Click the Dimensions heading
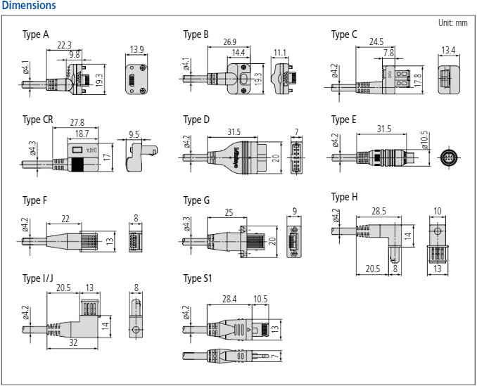(29, 6)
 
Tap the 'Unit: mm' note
(452, 22)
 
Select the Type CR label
(37, 120)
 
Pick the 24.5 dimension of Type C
(376, 41)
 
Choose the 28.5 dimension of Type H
(379, 210)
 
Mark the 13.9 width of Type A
(137, 50)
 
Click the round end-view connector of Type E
(447, 157)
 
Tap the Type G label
(196, 200)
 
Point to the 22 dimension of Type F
(65, 219)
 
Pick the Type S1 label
(197, 279)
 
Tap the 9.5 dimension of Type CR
(134, 134)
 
